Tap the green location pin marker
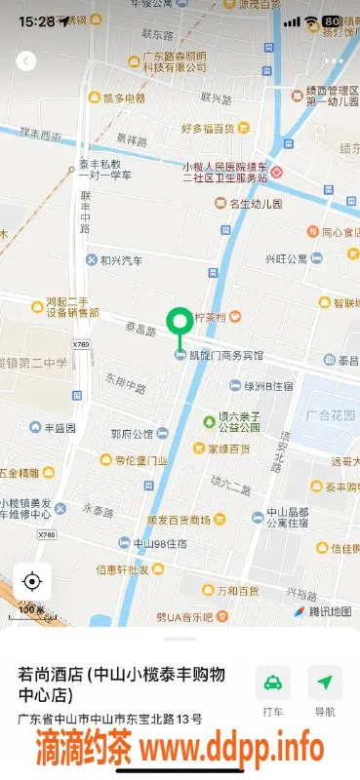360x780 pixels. (x=180, y=323)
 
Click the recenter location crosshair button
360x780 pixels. (x=31, y=582)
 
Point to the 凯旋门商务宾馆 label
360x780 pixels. (x=226, y=355)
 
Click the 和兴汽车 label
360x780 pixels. (x=121, y=261)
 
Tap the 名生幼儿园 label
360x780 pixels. (x=255, y=204)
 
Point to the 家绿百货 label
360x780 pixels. (x=228, y=449)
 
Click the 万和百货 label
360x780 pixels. (x=237, y=591)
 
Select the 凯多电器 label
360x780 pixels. (x=124, y=98)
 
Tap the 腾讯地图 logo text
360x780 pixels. (x=329, y=611)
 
